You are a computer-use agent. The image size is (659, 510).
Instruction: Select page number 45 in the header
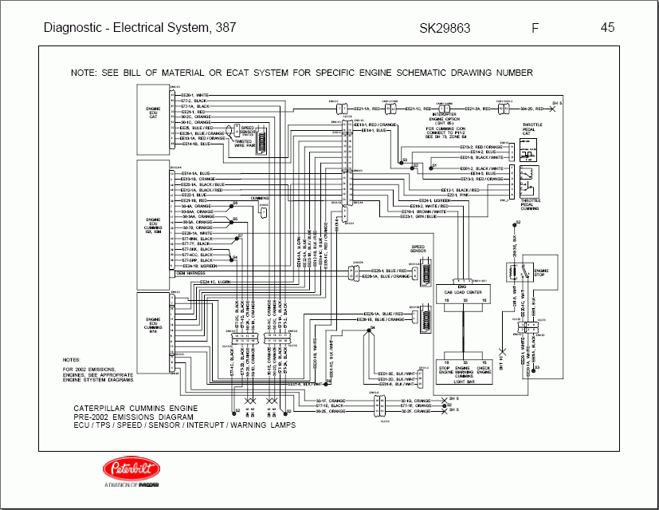pyautogui.click(x=607, y=28)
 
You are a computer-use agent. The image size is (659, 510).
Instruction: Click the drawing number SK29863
pyautogui.click(x=445, y=28)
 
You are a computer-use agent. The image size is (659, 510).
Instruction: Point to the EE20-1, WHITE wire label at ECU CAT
pyautogui.click(x=195, y=95)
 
